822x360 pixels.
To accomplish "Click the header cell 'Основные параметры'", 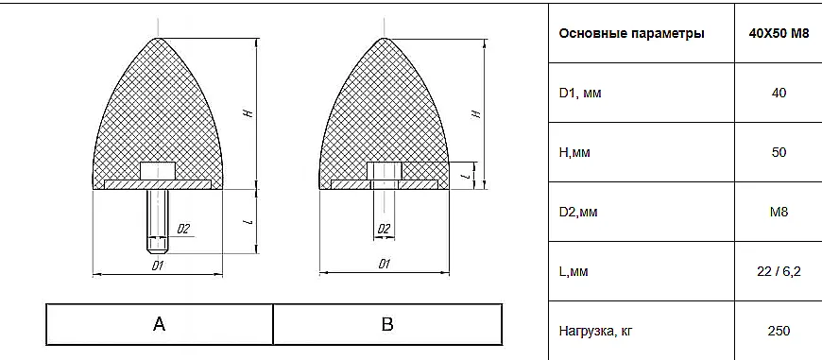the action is point(631,34).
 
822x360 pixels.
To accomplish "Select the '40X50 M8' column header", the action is point(779,34).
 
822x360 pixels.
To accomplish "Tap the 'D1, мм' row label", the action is point(580,94).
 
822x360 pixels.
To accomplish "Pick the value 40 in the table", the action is point(779,94).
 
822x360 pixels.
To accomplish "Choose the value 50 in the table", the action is point(779,152).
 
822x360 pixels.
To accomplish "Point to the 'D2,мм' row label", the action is point(578,213).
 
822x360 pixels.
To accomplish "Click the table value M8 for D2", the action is point(779,213).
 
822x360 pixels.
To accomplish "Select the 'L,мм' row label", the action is point(574,272).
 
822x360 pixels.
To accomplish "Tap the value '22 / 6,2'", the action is point(779,272).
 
